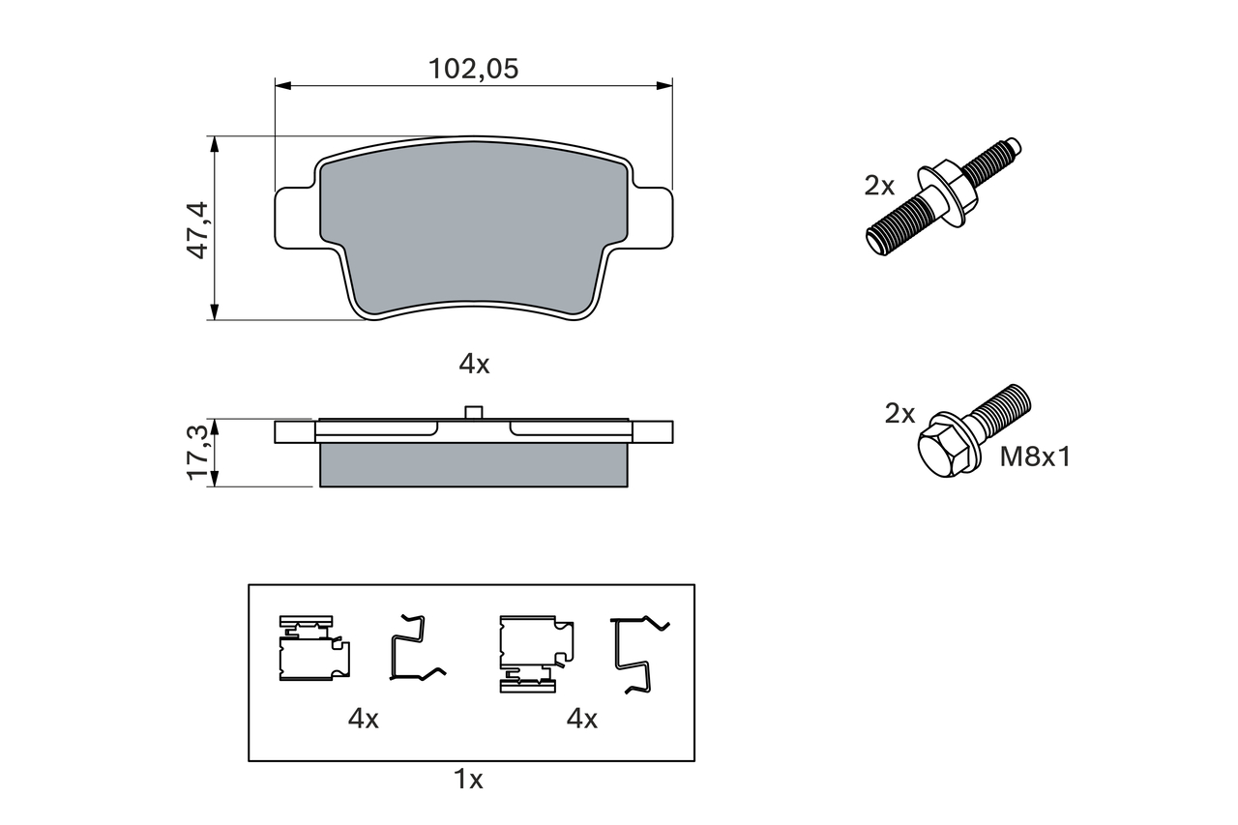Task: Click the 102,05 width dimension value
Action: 474,69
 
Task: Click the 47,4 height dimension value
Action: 197,230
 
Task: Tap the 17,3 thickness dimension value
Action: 197,453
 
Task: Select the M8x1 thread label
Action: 1035,457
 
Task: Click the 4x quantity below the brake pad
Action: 474,365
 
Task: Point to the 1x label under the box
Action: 468,780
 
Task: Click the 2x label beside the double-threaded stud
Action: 879,186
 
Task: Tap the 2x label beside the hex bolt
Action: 899,413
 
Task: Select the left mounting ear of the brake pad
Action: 297,219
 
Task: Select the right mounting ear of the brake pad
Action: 651,219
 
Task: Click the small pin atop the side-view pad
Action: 474,412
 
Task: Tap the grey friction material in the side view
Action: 474,464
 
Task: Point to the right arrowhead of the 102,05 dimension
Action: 664,86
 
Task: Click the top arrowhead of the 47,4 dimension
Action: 215,144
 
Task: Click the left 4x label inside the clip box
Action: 363,719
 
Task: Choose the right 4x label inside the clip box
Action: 582,719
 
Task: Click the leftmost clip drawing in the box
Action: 314,648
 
